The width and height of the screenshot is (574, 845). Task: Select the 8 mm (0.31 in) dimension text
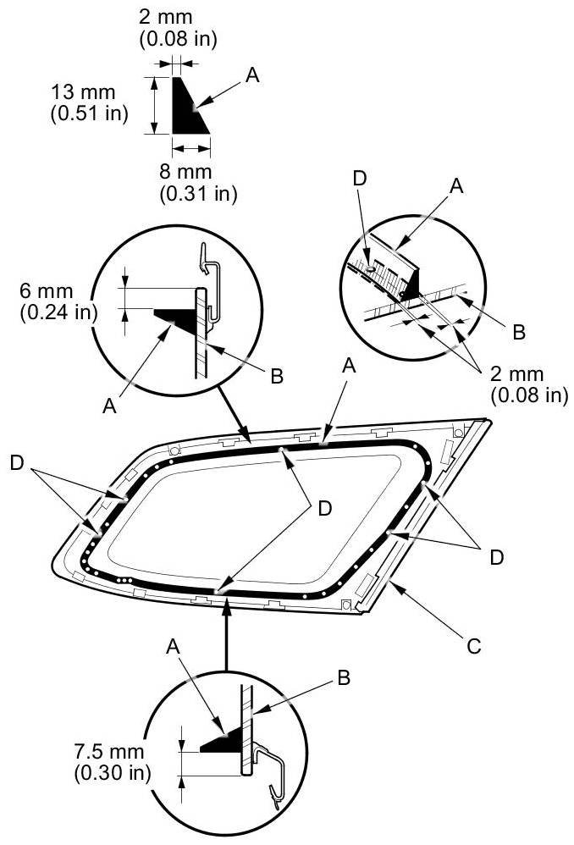[x=198, y=183]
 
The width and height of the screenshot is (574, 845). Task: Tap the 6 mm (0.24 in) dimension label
[x=58, y=301]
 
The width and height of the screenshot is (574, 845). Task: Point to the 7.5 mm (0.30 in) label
[x=112, y=761]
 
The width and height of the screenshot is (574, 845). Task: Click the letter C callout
[x=474, y=646]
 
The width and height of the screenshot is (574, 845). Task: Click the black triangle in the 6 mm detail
[x=174, y=318]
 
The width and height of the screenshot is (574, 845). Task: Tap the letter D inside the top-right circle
[x=360, y=179]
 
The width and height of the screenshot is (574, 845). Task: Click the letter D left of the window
[x=18, y=462]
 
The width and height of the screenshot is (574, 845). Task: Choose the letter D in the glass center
[x=325, y=508]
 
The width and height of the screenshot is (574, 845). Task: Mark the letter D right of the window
[x=497, y=557]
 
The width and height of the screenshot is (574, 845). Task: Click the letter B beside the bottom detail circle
[x=344, y=677]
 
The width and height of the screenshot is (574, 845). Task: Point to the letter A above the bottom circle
[x=173, y=646]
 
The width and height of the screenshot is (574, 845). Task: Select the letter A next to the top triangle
[x=252, y=75]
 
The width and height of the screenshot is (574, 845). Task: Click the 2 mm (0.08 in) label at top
[x=178, y=28]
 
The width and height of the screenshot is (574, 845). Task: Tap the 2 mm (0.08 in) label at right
[x=529, y=384]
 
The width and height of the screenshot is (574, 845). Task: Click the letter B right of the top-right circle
[x=519, y=332]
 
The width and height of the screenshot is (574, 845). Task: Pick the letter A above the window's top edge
[x=350, y=366]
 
